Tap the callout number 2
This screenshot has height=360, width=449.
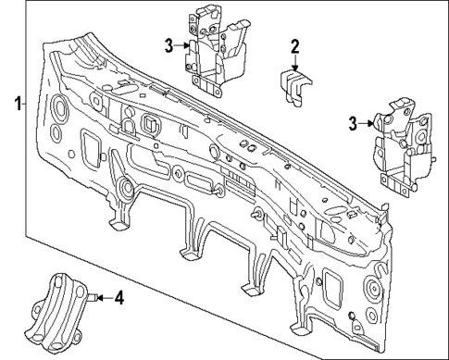pos(294,45)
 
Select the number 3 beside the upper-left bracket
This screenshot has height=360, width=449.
pos(168,44)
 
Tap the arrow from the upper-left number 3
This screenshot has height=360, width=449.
pos(185,44)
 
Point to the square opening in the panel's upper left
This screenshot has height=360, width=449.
pos(150,122)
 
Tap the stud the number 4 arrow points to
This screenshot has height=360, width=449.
pos(94,298)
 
